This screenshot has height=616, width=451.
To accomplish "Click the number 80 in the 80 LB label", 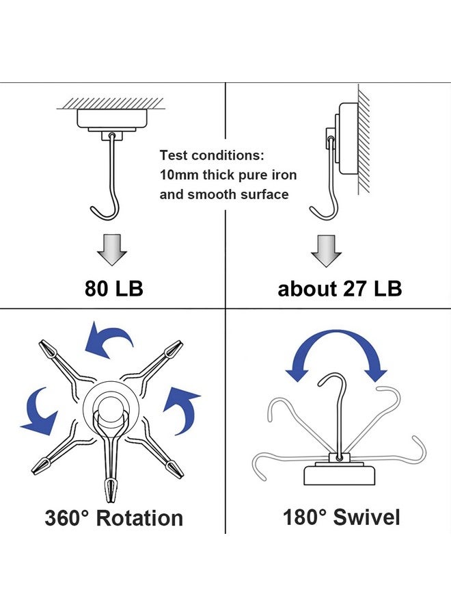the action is click(96, 288).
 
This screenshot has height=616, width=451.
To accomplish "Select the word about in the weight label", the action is click(307, 289).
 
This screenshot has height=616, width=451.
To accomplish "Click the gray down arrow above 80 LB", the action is click(112, 250).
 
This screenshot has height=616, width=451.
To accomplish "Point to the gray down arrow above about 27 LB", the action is click(326, 251).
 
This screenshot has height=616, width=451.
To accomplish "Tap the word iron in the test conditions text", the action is click(284, 175).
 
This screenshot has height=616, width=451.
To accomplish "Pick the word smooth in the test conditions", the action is click(212, 194).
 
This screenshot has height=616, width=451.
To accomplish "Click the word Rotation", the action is click(139, 518).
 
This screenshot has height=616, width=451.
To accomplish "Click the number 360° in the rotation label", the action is click(68, 518).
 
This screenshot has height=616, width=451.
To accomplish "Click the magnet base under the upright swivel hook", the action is click(339, 474).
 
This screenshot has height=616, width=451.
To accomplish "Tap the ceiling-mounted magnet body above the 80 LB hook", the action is click(112, 118).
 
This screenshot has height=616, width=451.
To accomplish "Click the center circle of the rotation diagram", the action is click(111, 408).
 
